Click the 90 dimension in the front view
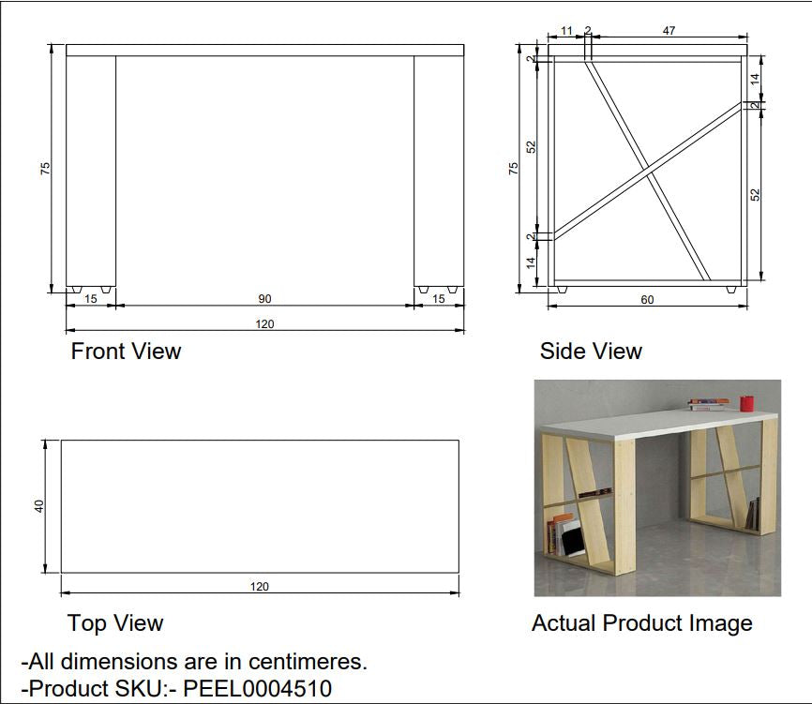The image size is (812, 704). click(x=264, y=299)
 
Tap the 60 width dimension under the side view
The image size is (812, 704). click(x=647, y=300)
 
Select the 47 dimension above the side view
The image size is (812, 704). click(x=669, y=31)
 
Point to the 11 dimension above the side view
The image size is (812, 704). click(x=566, y=31)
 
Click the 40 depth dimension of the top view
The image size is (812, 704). click(x=39, y=506)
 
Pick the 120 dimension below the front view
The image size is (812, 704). click(x=264, y=324)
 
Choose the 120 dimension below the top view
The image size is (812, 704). click(x=260, y=587)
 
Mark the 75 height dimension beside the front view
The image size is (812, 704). click(x=46, y=168)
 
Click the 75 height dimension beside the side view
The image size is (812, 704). click(x=513, y=168)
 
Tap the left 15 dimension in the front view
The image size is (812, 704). click(x=91, y=299)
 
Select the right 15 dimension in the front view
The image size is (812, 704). click(x=439, y=299)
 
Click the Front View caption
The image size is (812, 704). click(x=126, y=351)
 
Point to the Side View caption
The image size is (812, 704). click(x=591, y=351)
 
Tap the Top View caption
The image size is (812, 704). click(x=115, y=622)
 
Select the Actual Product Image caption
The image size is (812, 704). click(x=642, y=623)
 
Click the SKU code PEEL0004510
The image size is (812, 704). click(x=258, y=688)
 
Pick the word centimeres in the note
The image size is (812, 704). click(x=308, y=662)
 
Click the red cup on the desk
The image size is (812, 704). click(x=746, y=403)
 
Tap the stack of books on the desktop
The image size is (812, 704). click(x=708, y=404)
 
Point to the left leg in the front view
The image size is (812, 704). click(x=91, y=172)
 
